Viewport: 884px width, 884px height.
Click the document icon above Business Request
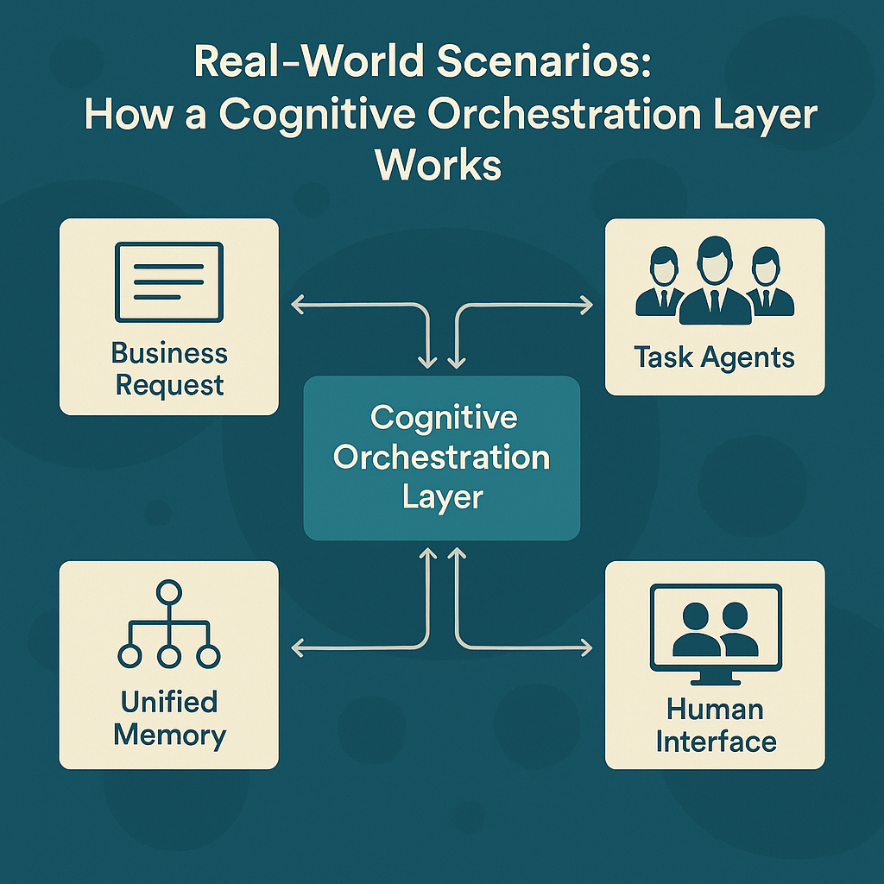click(169, 281)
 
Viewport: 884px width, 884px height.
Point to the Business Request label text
click(169, 369)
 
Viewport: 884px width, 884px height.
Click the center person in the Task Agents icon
click(715, 281)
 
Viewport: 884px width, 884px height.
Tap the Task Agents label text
click(715, 357)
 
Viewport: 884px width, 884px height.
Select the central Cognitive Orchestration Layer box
click(441, 458)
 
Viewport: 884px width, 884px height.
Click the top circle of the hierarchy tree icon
click(169, 592)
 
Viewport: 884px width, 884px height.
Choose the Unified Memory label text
click(169, 718)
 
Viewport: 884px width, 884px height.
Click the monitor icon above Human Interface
click(715, 626)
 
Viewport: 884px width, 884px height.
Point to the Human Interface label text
click(715, 725)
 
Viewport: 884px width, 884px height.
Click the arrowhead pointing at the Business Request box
click(295, 304)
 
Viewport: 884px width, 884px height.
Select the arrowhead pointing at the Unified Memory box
click(295, 647)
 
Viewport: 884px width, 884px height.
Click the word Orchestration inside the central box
click(441, 458)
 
